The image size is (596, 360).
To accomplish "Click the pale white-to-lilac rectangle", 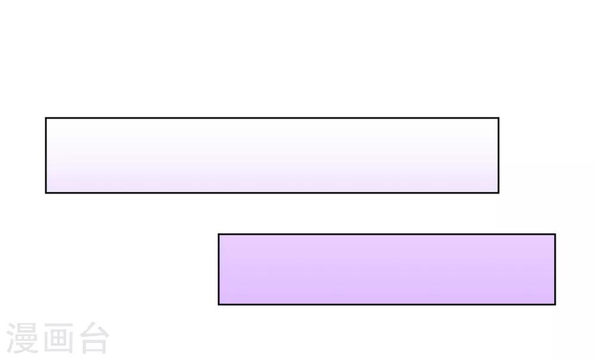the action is (272, 156).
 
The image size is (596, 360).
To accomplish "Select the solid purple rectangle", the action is (387, 269).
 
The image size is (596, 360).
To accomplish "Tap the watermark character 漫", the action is (23, 338).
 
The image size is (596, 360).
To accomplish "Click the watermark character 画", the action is (58, 338).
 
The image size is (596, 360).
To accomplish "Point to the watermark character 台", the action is (94, 338).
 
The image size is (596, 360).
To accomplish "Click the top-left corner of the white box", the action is (46, 118).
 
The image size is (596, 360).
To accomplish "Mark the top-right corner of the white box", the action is (499, 118).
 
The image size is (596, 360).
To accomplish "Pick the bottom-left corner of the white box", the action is (46, 193).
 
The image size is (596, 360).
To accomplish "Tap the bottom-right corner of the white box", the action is (499, 193).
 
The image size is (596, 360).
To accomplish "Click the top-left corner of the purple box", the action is (219, 234).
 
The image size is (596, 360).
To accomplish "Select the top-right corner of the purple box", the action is (555, 234).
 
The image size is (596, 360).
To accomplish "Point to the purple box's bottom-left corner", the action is (219, 305).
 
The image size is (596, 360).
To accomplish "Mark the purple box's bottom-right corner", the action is (555, 305).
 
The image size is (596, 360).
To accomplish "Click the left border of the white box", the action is (46, 156).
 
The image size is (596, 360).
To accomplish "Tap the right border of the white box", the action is (499, 156).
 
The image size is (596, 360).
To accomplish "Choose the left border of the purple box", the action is (219, 269).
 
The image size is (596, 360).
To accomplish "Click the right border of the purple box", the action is (555, 269).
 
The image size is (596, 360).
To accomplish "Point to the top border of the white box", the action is (272, 118).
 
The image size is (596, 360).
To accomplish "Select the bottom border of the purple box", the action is (387, 305).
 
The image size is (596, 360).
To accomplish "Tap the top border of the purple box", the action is (387, 234).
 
